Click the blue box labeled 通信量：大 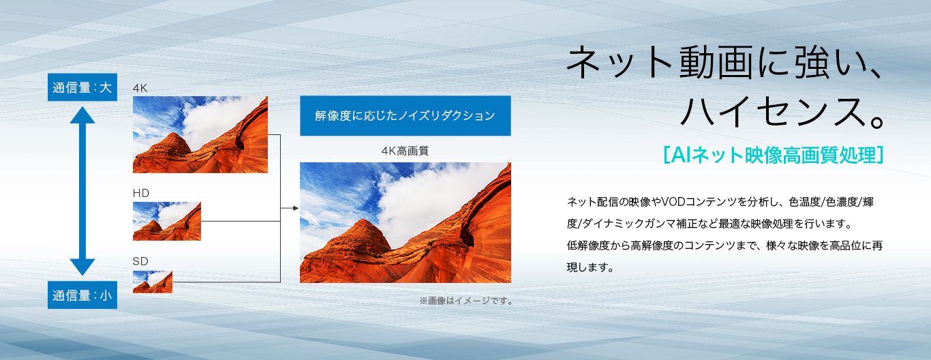coord(82,87)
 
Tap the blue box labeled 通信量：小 coord(82,295)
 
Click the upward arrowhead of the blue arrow coord(82,115)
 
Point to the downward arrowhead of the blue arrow coord(82,267)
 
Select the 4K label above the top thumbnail coord(140,88)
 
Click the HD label coord(141,193)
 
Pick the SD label coord(140,261)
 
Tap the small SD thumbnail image coord(153,282)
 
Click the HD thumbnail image coord(167,221)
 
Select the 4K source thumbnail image coord(200,135)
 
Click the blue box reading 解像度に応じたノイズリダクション coord(406,115)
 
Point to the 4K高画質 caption coord(405,151)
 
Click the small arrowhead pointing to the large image coord(296,208)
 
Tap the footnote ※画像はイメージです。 coord(466,301)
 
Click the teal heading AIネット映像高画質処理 coord(774,155)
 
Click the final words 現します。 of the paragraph coord(590,267)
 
